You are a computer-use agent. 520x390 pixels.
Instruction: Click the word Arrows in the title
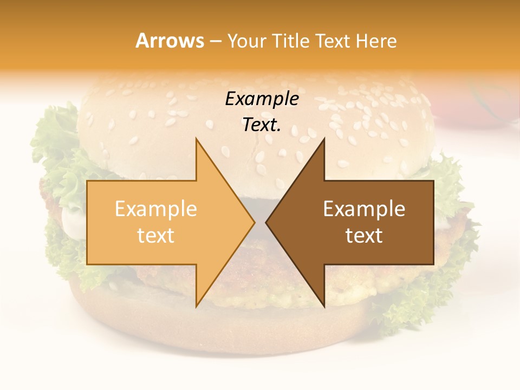click(170, 41)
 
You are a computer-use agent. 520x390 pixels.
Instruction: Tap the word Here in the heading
click(375, 41)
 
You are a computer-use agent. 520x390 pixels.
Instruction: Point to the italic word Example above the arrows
click(262, 99)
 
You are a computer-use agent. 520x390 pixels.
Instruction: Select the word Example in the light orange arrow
click(156, 209)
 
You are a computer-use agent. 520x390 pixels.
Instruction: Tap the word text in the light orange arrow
click(156, 236)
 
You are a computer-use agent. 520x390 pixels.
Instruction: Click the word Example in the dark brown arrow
click(364, 209)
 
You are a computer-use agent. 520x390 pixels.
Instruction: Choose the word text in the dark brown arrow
click(364, 236)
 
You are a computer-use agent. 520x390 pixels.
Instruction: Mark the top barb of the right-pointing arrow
click(197, 142)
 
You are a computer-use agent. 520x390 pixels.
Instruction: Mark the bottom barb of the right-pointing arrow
click(197, 303)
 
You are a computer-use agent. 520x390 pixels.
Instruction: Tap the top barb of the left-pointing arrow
click(323, 142)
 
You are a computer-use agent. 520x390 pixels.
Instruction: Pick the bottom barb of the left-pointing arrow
click(323, 303)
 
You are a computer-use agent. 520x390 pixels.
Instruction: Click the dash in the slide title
click(216, 42)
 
